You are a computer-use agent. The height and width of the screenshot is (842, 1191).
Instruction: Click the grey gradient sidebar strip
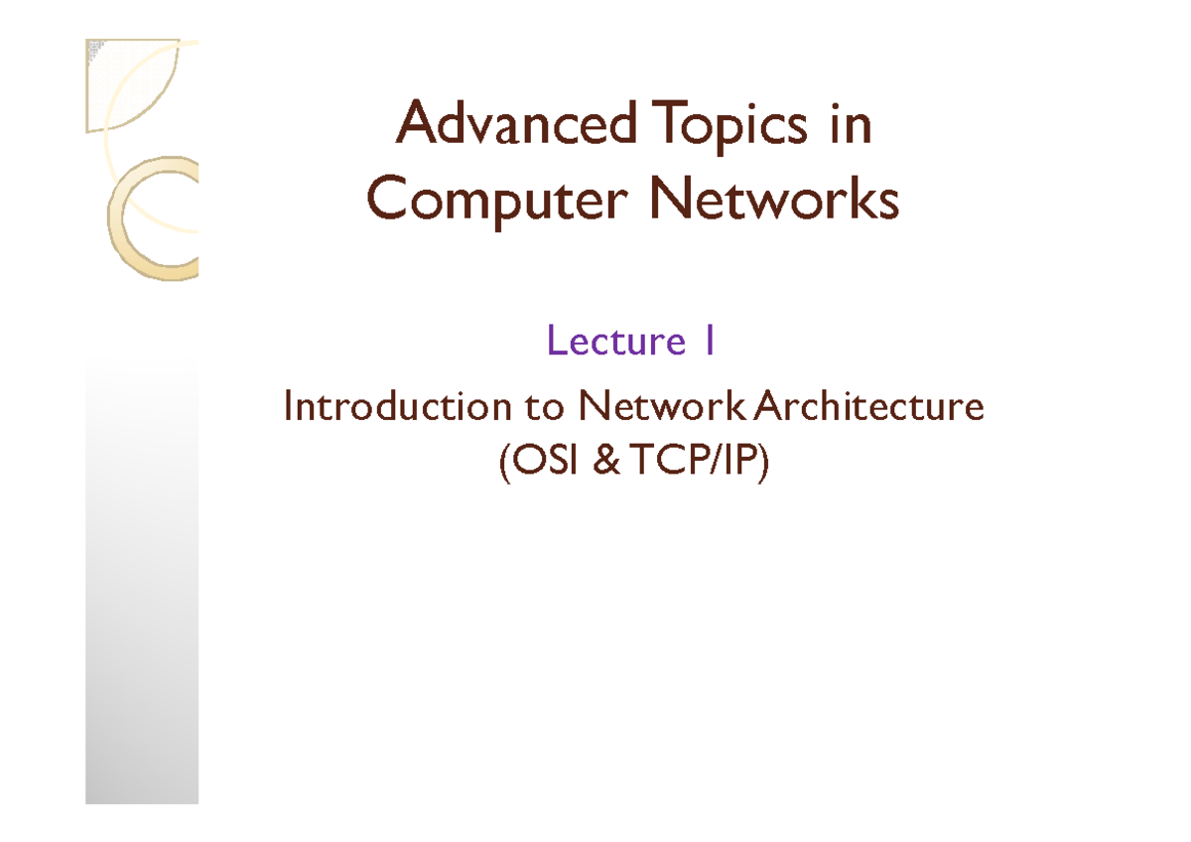[141, 596]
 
